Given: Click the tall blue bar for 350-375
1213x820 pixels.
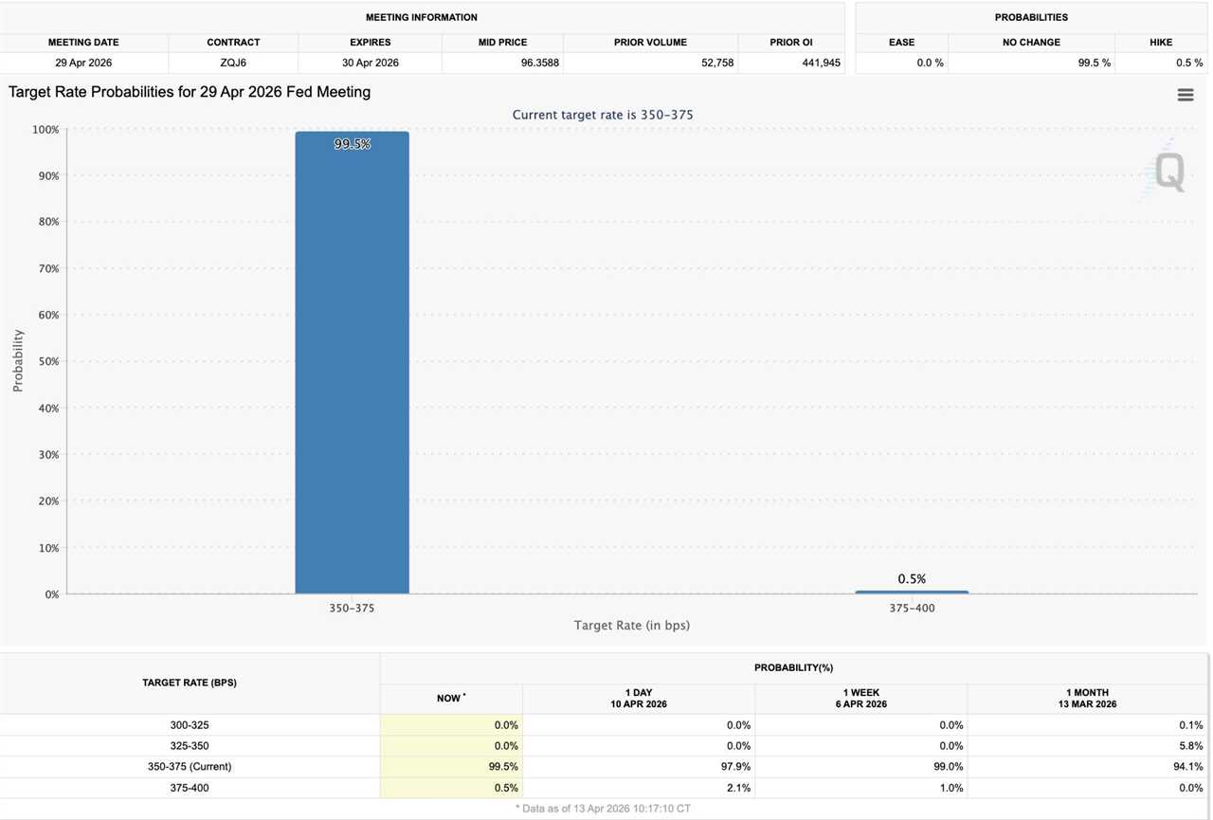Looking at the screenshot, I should point(352,370).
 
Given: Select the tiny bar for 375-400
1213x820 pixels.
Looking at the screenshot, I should point(912,592).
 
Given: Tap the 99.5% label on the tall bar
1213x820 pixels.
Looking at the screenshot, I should point(352,144).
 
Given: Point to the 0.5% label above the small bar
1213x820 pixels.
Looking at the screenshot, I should point(912,578).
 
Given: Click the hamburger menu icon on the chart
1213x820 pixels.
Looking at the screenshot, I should point(1186,95).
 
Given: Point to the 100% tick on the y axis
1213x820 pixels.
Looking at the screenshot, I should point(45,129).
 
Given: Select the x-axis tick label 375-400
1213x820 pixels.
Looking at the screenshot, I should point(912,608).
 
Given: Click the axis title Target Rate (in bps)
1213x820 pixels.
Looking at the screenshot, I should point(631,626).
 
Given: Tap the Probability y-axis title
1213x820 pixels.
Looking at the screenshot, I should point(18,361).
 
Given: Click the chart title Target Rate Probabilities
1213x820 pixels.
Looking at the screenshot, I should point(190,92).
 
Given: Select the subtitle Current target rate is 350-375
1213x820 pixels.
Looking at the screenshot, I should point(603,115).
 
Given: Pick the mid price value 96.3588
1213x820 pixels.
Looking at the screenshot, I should point(538,63).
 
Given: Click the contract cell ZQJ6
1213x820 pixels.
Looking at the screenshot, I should point(233,63).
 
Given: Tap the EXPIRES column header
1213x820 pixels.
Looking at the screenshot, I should point(370,43).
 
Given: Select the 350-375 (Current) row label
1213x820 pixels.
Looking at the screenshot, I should point(190,766).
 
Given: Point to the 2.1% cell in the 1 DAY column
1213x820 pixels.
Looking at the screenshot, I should point(737,788).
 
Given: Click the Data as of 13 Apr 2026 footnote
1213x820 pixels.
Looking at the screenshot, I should point(603,809).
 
